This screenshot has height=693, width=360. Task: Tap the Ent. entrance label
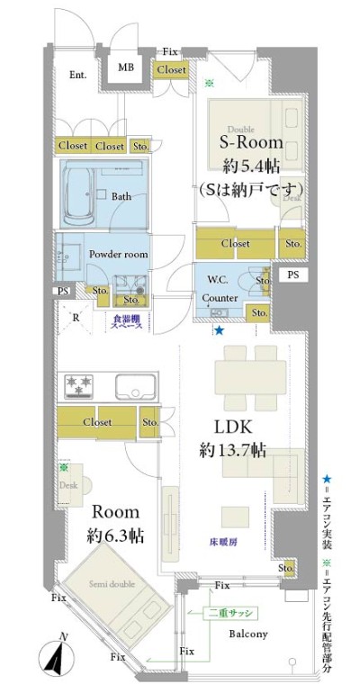79,75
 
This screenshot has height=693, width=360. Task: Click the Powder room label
118,255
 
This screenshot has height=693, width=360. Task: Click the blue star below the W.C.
219,330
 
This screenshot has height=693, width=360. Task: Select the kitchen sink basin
135,389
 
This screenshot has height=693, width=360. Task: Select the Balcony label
248,633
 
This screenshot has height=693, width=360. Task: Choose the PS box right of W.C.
293,274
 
